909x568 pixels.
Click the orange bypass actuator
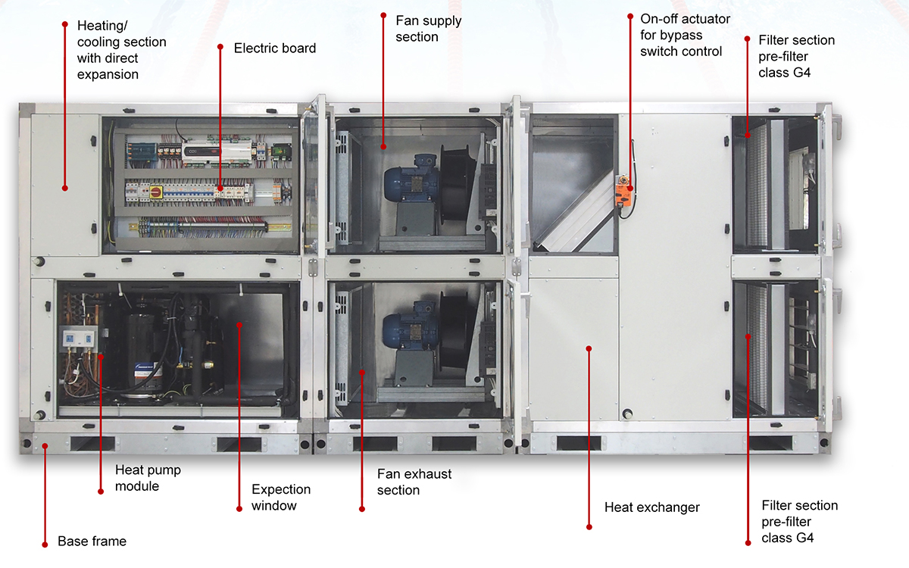[x=623, y=191]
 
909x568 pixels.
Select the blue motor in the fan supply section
[x=411, y=179]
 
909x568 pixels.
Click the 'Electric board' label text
[x=275, y=48]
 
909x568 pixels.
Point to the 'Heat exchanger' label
[x=652, y=507]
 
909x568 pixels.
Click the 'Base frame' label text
[x=92, y=541]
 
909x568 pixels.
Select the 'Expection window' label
[x=281, y=498]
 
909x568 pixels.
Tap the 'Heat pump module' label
[x=148, y=478]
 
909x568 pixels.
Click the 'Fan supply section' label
[x=429, y=29]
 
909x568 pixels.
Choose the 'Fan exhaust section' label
[x=414, y=482]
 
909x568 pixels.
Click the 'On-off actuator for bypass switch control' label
[x=685, y=36]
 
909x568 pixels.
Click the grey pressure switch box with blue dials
[x=78, y=339]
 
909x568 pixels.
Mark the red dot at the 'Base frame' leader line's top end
[x=45, y=446]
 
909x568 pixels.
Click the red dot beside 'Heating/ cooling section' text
[x=65, y=24]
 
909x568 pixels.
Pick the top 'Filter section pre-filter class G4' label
[x=796, y=57]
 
